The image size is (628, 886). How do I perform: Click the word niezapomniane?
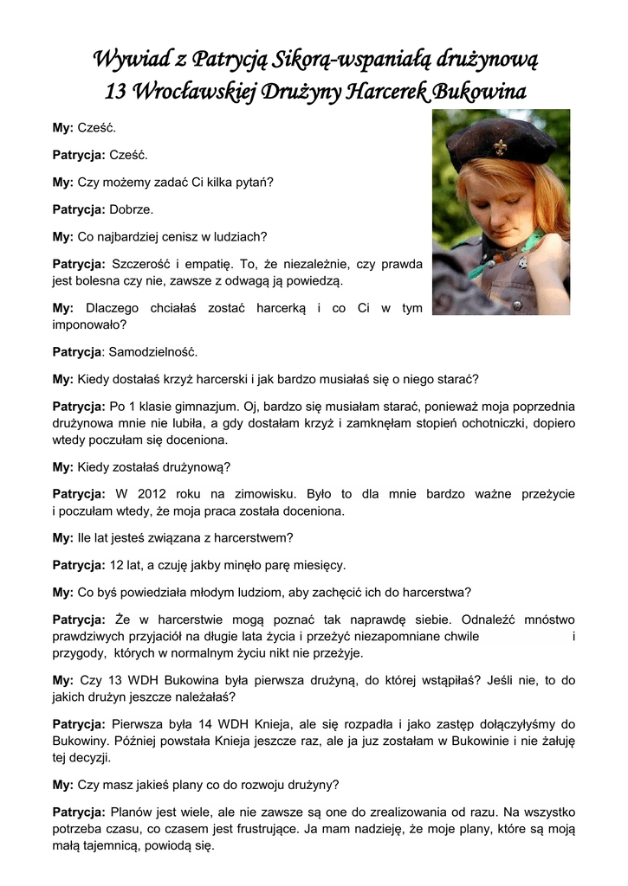394,637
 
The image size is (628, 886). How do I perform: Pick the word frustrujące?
291,830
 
